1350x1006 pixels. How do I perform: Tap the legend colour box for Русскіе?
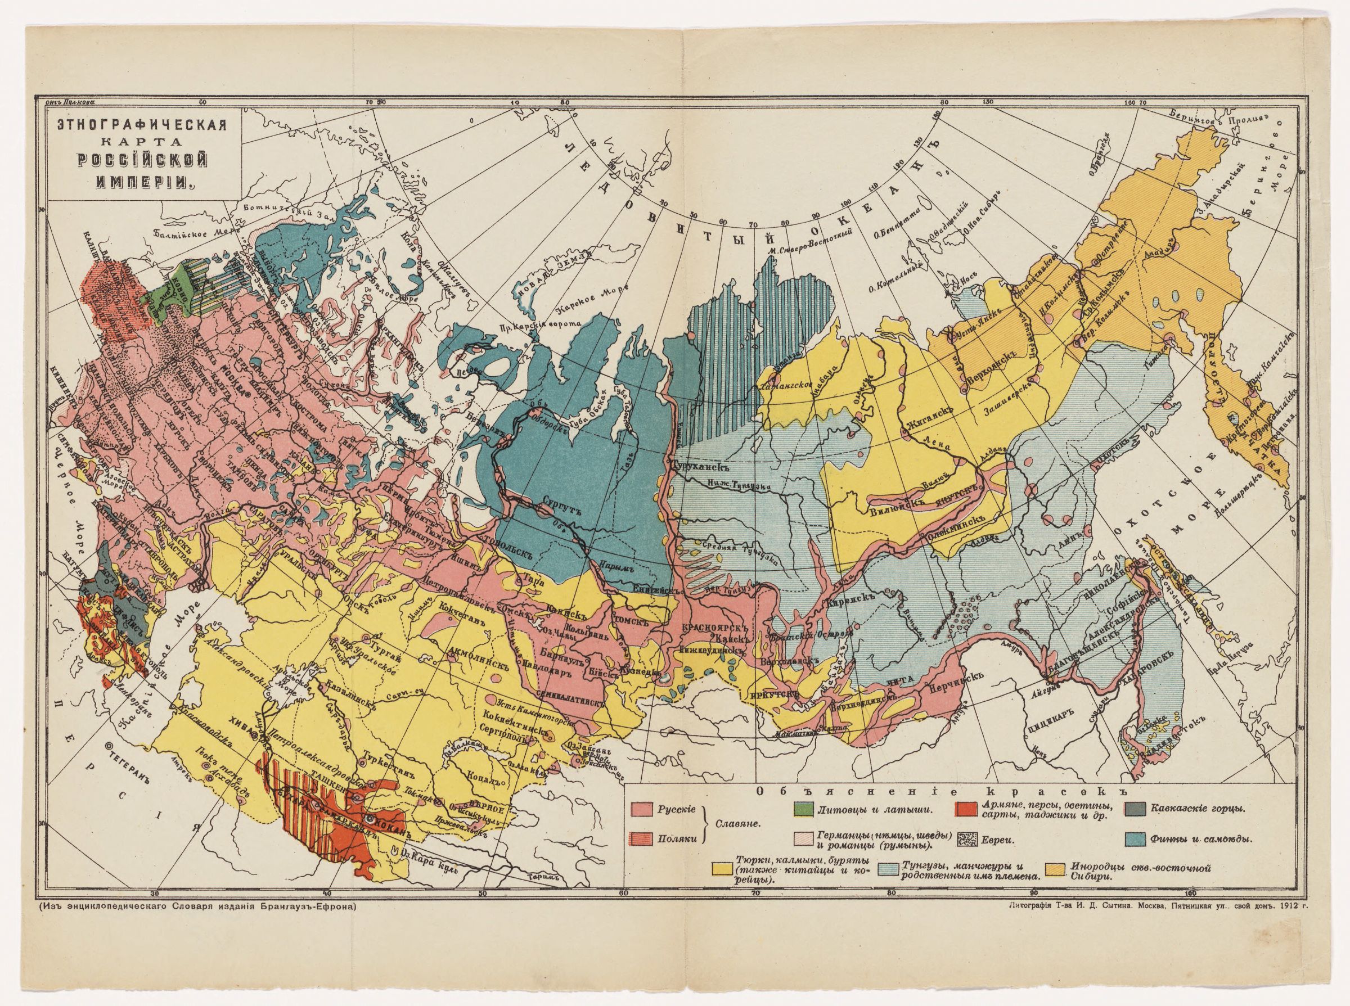tap(644, 809)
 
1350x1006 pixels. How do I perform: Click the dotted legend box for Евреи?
tap(968, 857)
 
